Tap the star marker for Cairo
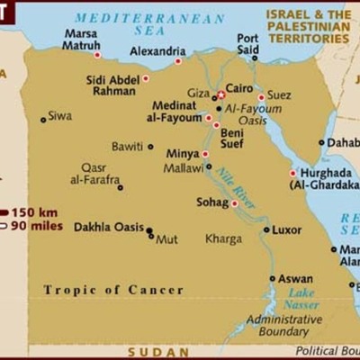click(221, 93)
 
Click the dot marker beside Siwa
click(43, 119)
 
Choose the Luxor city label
click(287, 229)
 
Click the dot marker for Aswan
click(273, 278)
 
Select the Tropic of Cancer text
click(113, 290)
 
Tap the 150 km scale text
click(37, 211)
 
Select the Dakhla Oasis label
click(108, 227)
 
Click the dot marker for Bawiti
click(150, 146)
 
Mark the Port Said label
click(247, 44)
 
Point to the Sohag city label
click(212, 202)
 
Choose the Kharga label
click(223, 238)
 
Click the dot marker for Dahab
click(321, 141)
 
